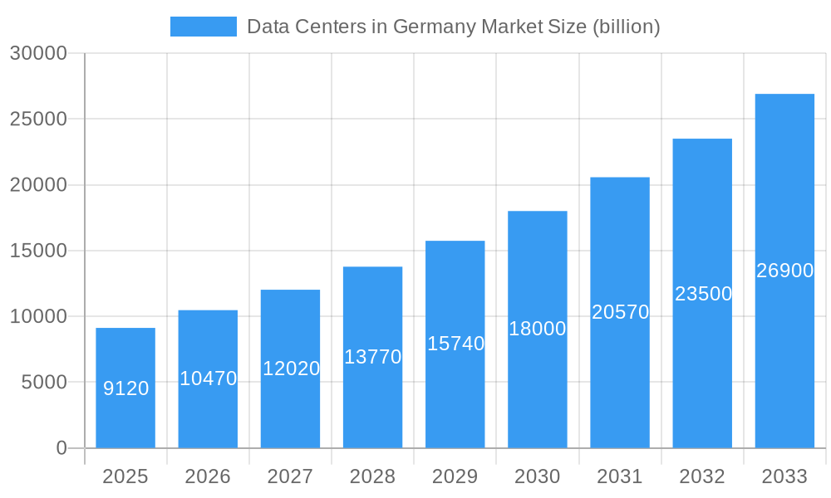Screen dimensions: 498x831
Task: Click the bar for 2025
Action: click(x=125, y=415)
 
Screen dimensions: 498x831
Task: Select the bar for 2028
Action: click(x=372, y=398)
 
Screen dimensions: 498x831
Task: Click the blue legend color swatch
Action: click(x=204, y=27)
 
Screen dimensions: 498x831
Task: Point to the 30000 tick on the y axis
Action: click(x=38, y=53)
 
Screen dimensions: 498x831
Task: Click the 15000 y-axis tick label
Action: click(x=38, y=251)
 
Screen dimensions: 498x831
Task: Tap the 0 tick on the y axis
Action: click(x=61, y=448)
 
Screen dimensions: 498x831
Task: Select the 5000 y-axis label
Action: click(x=43, y=383)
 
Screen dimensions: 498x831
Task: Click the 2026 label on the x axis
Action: click(x=208, y=476)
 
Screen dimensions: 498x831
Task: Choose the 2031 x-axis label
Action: click(x=620, y=476)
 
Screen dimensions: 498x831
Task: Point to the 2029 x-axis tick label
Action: click(x=455, y=476)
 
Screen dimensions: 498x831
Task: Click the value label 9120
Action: click(x=125, y=388)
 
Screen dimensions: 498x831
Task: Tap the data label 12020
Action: click(x=291, y=369)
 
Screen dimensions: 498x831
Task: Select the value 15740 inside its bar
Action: click(x=455, y=344)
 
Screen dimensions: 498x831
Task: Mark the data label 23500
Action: click(x=703, y=294)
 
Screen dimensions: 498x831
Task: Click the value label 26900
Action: click(x=784, y=271)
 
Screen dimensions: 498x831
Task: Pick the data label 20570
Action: click(x=620, y=313)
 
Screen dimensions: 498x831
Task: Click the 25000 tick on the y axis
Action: click(x=38, y=119)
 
